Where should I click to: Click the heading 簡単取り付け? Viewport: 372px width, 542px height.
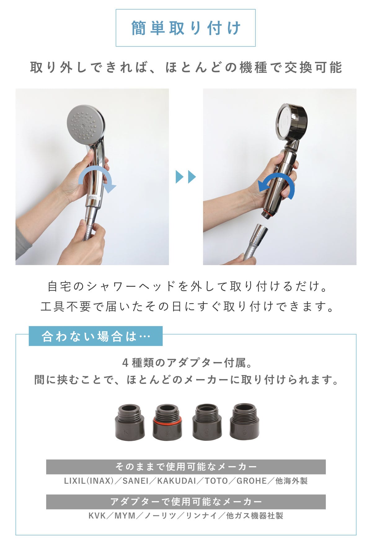tap(186, 28)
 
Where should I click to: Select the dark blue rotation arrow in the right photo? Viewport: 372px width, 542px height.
tap(276, 185)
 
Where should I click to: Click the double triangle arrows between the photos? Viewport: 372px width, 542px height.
tap(186, 177)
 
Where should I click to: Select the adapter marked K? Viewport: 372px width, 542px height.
tap(130, 422)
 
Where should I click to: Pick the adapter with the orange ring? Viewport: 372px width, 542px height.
tap(167, 422)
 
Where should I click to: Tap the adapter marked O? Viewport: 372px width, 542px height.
tap(244, 422)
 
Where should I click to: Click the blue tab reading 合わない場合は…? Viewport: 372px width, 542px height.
tap(95, 336)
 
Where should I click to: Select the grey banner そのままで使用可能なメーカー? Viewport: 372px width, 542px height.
tap(186, 467)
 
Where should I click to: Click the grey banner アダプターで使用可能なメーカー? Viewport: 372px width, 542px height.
tap(186, 502)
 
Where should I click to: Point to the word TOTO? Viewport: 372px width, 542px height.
tap(216, 481)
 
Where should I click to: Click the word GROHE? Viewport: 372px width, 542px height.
tap(252, 481)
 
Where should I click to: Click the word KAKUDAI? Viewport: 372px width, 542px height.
tap(176, 481)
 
